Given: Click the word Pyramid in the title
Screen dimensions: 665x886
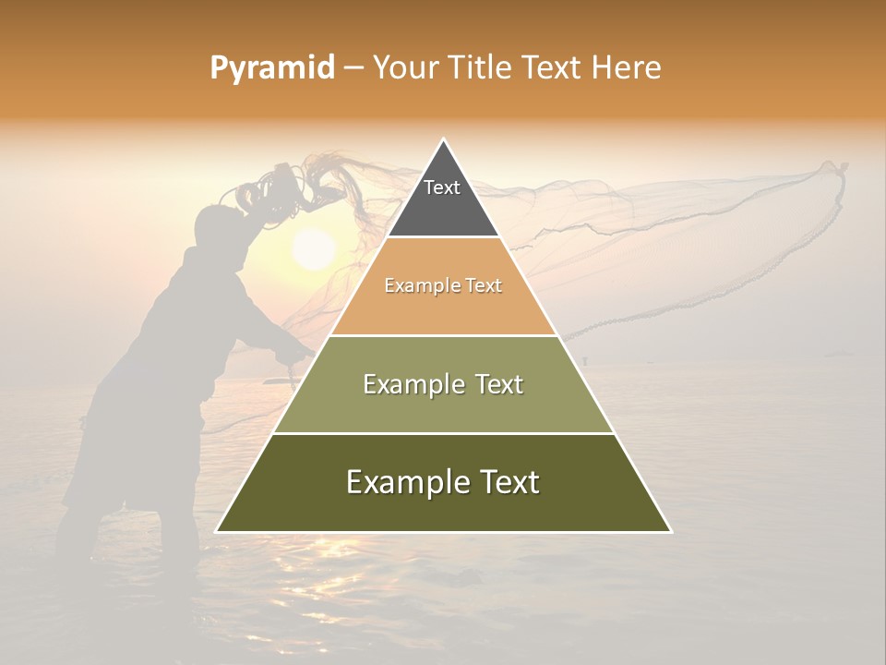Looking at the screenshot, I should pos(272,68).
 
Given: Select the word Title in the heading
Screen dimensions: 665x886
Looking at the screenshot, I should pos(481,67).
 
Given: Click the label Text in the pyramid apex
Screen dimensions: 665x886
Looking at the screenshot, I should pos(441,187).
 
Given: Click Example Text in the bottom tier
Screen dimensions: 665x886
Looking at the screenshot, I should pos(443,482).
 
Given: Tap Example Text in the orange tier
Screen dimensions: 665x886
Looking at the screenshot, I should pos(443,285).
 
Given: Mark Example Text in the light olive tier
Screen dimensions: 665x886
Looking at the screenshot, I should pos(443,384).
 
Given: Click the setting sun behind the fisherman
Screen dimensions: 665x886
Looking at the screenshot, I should pos(314,249).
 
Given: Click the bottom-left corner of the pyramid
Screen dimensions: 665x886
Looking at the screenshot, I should pos(218,531).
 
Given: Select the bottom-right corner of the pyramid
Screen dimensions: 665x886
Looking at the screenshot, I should pos(670,531).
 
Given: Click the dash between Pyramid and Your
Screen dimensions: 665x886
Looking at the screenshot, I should pos(353,68).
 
